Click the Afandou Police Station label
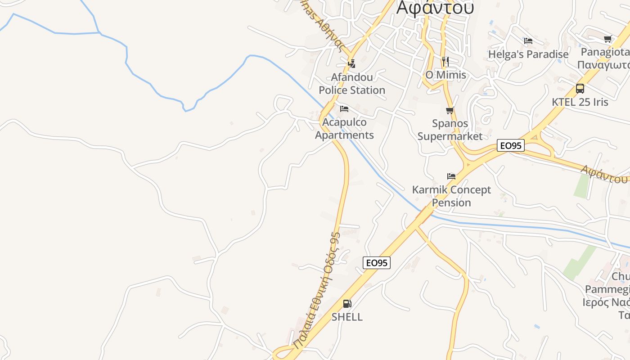click(x=352, y=84)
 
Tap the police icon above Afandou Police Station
click(x=352, y=63)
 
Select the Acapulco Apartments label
click(x=344, y=129)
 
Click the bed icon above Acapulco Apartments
click(x=344, y=109)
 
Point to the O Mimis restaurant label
click(x=445, y=75)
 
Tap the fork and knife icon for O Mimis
click(x=445, y=61)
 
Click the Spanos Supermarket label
click(x=450, y=130)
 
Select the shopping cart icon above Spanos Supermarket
click(x=450, y=110)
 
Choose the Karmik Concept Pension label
click(x=451, y=196)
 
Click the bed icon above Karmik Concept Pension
click(x=451, y=176)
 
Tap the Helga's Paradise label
click(x=528, y=54)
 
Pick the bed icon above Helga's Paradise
click(x=528, y=41)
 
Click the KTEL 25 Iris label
click(x=580, y=102)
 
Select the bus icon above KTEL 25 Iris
click(x=580, y=89)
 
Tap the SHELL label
click(x=347, y=317)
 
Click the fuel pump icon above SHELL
click(x=347, y=304)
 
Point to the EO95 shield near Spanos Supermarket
click(x=511, y=145)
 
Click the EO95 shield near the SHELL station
click(x=377, y=263)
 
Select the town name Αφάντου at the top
click(x=435, y=8)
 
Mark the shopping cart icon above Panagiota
click(x=607, y=39)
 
